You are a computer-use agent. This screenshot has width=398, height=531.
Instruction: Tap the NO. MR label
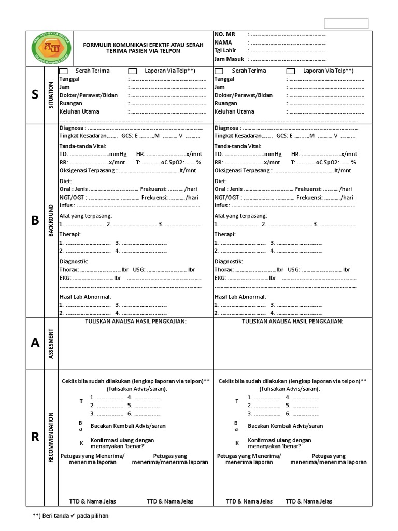[224, 34]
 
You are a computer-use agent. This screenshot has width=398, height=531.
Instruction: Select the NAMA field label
[223, 43]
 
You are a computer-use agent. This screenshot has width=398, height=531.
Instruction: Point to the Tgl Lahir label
[225, 51]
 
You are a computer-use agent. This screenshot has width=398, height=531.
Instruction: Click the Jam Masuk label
[229, 59]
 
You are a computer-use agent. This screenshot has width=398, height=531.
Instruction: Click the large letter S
[35, 95]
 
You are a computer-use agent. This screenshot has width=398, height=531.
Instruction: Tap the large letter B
[35, 220]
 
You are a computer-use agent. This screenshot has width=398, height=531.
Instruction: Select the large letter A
[35, 343]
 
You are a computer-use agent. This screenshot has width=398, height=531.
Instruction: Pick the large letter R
[35, 437]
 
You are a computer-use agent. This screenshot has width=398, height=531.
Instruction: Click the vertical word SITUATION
[51, 95]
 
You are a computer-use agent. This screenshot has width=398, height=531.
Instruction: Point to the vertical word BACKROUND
[51, 220]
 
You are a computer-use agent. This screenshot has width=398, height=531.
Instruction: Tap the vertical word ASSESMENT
[51, 343]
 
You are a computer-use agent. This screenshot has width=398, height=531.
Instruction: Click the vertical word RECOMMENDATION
[51, 437]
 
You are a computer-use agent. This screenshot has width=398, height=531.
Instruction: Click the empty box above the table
[346, 23]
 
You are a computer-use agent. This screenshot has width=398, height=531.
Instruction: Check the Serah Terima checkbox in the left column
[63, 71]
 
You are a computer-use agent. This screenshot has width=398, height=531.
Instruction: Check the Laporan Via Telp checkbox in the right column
[291, 71]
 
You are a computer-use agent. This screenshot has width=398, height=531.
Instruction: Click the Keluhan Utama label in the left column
[79, 111]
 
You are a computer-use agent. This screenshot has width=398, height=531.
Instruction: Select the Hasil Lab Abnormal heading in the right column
[240, 297]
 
